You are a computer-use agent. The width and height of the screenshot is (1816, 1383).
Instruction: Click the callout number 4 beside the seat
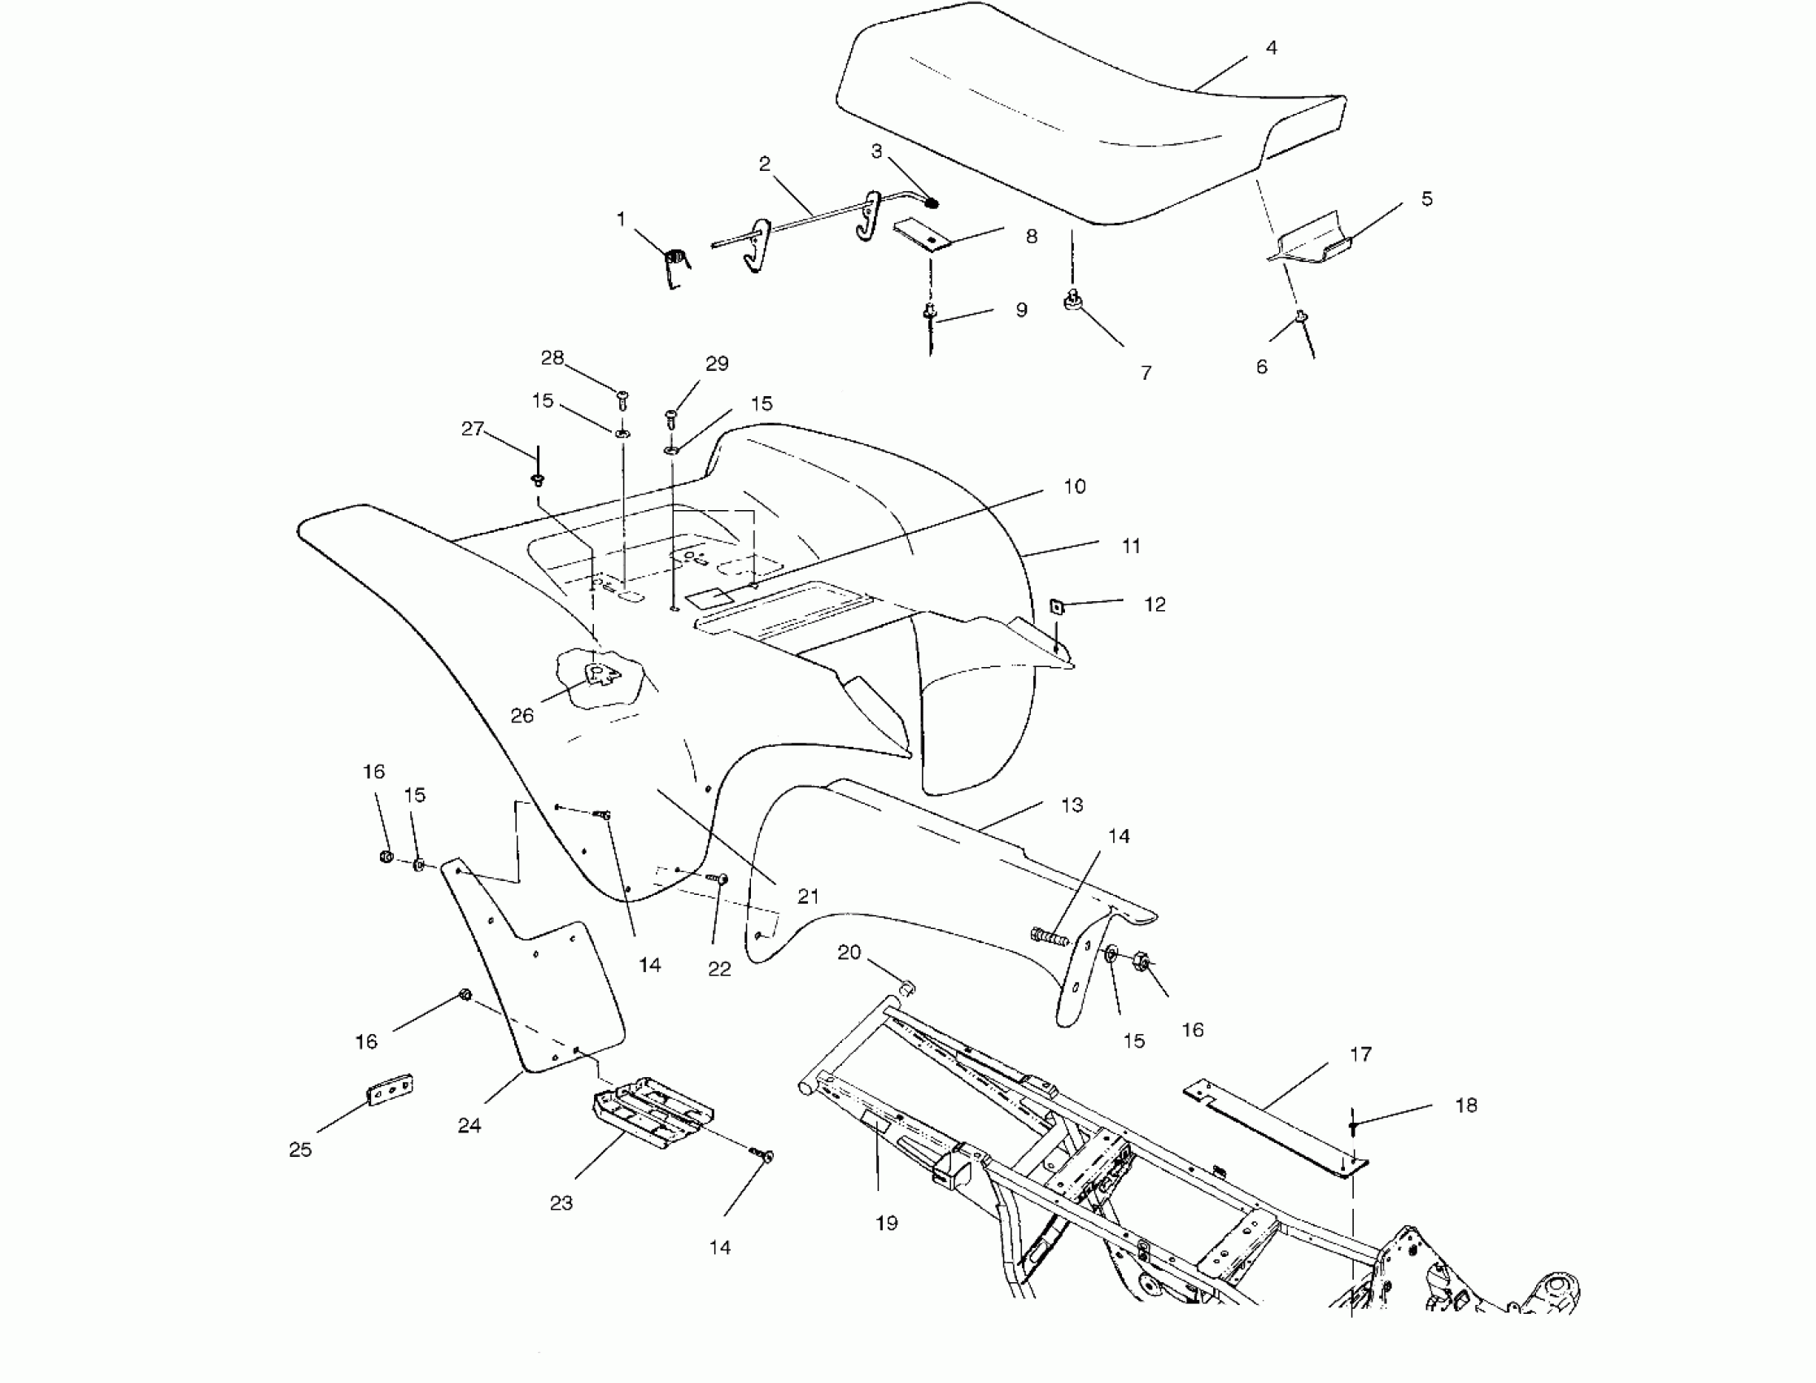point(1271,49)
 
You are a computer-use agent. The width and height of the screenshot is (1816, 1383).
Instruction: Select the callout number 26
point(522,715)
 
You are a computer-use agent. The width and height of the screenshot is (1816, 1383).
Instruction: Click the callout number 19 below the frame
point(886,1224)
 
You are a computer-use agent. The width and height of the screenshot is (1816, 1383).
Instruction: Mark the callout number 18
point(1466,1106)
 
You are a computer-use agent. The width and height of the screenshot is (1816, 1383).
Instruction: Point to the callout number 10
point(1074,486)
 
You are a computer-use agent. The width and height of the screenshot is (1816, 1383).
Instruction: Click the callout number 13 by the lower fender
point(1072,805)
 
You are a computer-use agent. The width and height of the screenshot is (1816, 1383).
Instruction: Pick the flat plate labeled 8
point(923,236)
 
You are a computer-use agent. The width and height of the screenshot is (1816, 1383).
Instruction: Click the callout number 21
point(808,896)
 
